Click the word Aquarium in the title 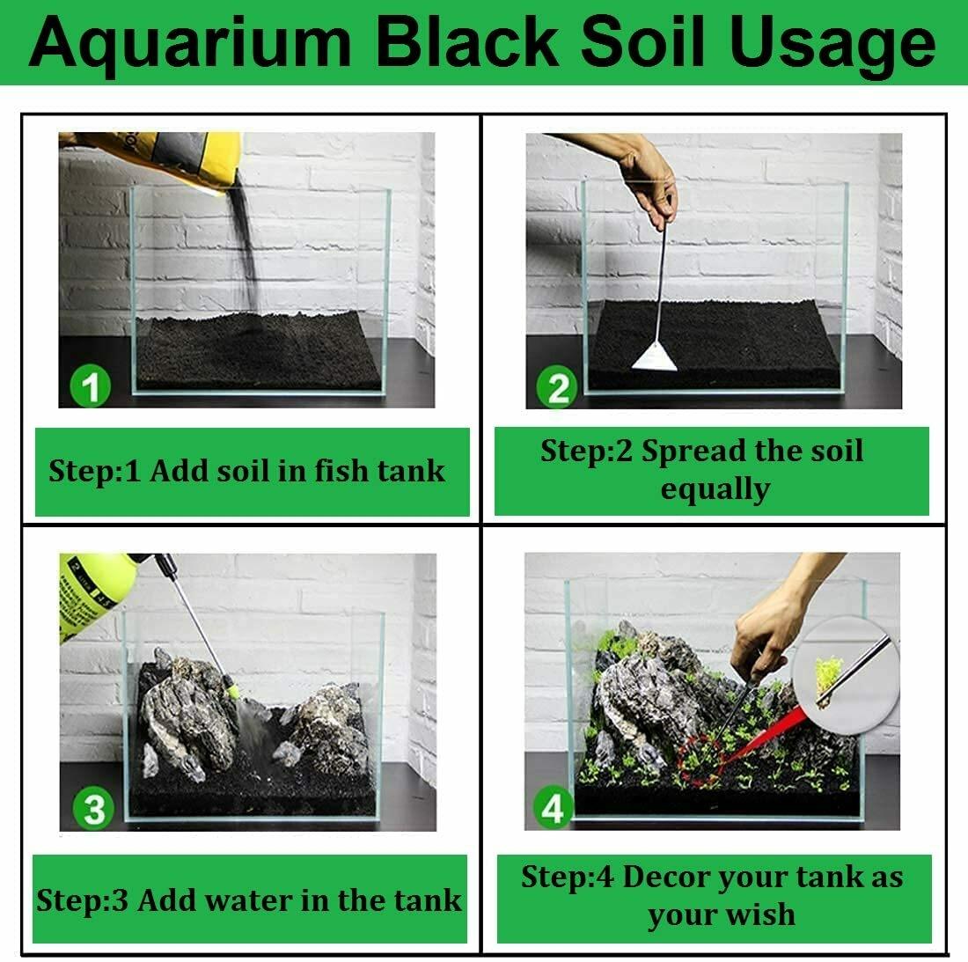click(x=190, y=43)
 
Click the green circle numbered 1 click(x=90, y=386)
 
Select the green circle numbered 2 click(x=557, y=388)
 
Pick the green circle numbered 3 click(x=93, y=809)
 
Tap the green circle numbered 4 click(x=554, y=808)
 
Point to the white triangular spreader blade click(x=655, y=357)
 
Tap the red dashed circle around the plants click(x=700, y=761)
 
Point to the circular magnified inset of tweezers click(x=845, y=675)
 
